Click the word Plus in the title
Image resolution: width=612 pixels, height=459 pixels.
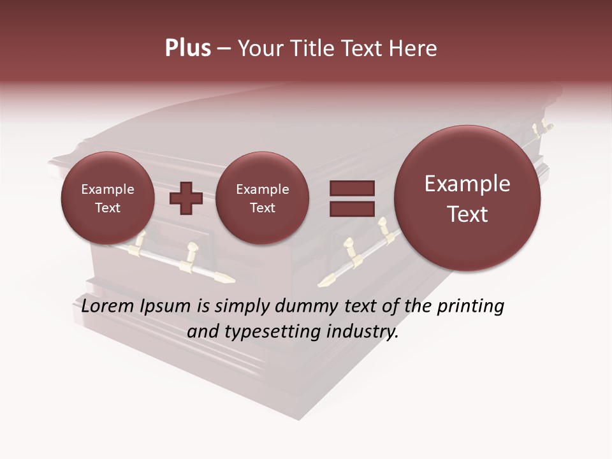[187, 48]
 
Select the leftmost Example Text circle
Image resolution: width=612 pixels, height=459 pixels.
[108, 198]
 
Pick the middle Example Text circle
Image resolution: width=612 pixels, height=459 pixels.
[262, 198]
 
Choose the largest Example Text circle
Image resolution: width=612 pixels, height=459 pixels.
[467, 198]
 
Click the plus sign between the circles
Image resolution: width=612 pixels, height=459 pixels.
[186, 198]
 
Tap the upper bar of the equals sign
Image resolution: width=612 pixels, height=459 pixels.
[351, 188]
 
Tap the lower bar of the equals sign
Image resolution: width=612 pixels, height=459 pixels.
[351, 208]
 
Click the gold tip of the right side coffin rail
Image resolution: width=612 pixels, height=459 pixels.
[326, 280]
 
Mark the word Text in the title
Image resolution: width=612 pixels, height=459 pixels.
[365, 48]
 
